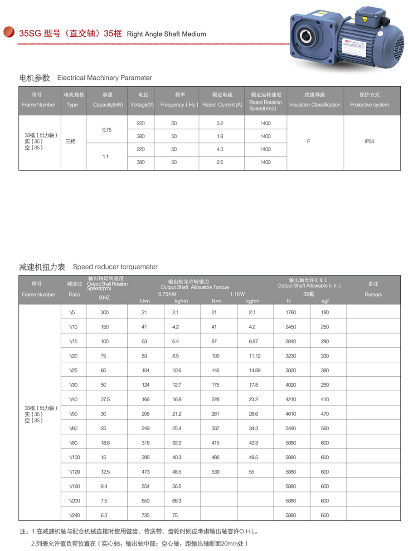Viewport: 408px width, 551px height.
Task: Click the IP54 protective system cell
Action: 369,142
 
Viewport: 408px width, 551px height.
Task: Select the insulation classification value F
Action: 309,142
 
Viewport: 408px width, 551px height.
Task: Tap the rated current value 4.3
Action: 220,149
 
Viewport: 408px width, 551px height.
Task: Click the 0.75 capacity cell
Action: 107,130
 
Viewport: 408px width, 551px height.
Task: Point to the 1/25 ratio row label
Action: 73,370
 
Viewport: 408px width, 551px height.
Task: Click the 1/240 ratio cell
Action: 73,516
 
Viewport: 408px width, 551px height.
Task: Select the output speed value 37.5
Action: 105,399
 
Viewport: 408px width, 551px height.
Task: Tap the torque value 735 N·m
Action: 146,516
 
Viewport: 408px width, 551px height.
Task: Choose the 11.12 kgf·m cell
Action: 255,356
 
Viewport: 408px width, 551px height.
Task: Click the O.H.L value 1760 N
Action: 291,312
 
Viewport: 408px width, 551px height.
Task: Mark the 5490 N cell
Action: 291,428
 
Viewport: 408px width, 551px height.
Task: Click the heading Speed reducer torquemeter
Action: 115,267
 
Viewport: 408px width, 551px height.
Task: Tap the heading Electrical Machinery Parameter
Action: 104,78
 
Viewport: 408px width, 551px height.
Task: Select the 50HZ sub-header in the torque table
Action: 104,298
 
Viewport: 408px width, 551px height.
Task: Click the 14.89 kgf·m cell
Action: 255,370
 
